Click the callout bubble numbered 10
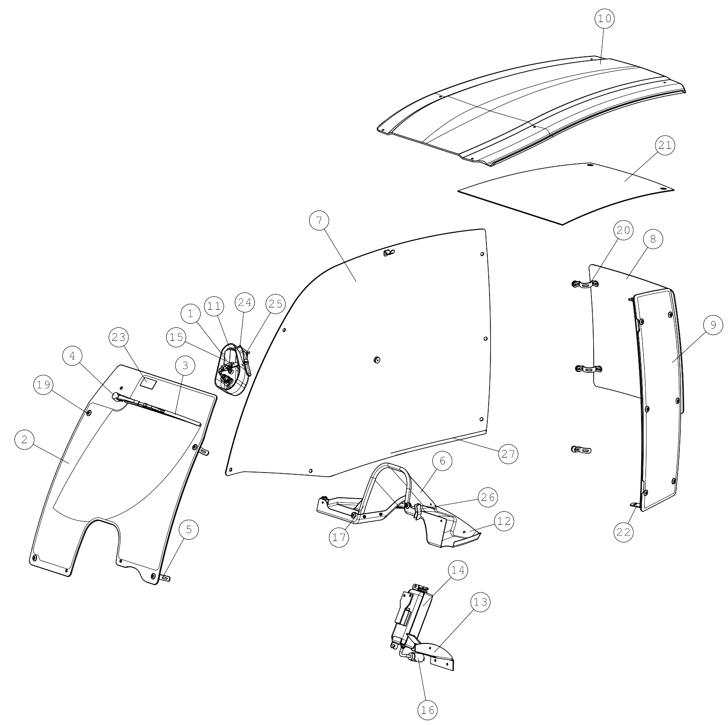(604, 18)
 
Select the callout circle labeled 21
(665, 145)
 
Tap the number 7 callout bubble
(319, 220)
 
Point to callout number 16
(427, 710)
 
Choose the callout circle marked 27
(508, 454)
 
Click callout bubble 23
(119, 337)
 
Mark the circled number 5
(189, 530)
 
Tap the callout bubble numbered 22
(623, 532)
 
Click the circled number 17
(339, 537)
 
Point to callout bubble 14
(458, 570)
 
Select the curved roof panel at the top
(531, 110)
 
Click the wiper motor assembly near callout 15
(232, 369)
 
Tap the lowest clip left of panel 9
(581, 450)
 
